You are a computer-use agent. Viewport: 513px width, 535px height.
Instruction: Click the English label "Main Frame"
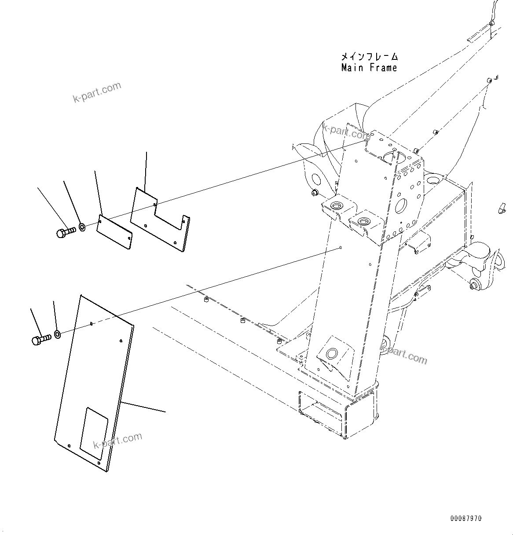[x=369, y=68]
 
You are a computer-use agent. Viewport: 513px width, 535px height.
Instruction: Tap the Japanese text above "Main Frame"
[x=369, y=57]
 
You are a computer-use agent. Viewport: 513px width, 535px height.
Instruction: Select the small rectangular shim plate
[x=114, y=232]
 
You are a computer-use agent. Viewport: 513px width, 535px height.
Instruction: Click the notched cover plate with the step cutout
[x=161, y=220]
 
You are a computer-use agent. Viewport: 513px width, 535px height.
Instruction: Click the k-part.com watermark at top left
[x=97, y=92]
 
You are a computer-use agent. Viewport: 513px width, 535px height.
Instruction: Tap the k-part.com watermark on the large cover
[x=117, y=443]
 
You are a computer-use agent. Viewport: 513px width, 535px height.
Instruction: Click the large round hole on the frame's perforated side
[x=401, y=205]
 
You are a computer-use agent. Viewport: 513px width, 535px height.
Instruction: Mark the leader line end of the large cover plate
[x=165, y=412]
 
